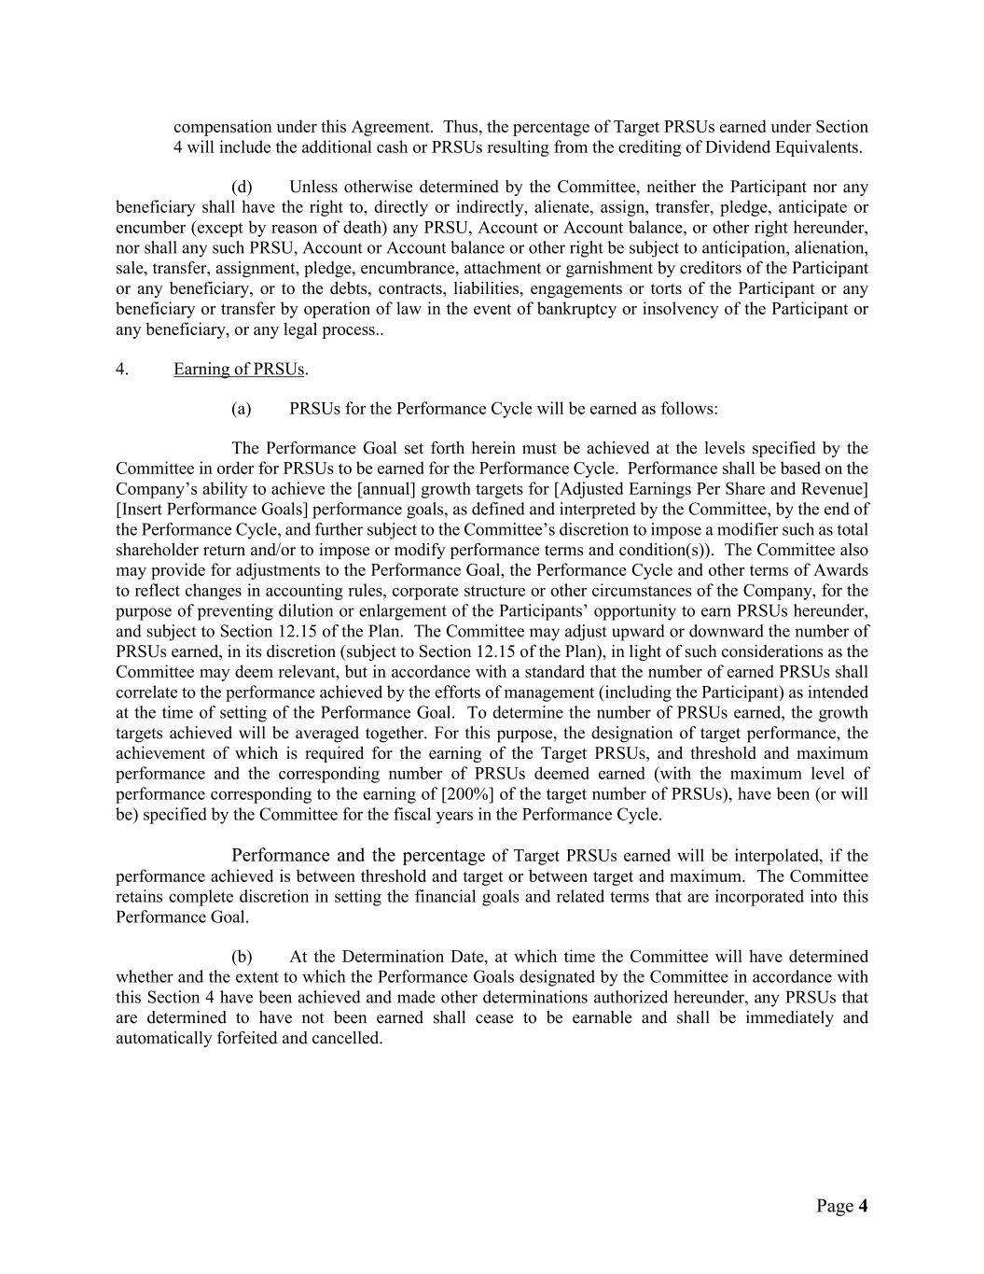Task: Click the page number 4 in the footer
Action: point(863,1206)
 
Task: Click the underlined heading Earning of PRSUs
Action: point(239,369)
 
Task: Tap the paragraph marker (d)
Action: point(242,187)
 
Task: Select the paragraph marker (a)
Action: point(242,409)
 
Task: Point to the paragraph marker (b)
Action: point(242,957)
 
